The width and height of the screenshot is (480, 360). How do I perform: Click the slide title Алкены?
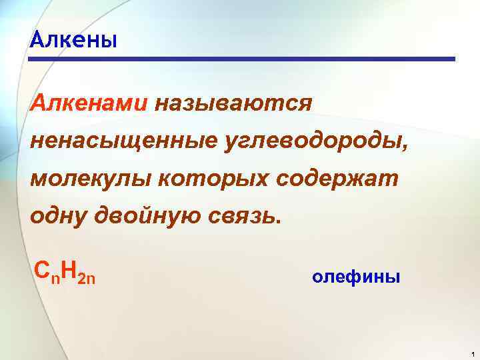[74, 41]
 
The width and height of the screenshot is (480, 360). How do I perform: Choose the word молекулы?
[88, 179]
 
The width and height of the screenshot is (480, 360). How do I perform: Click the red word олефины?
[356, 277]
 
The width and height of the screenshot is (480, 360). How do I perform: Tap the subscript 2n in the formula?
[87, 276]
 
